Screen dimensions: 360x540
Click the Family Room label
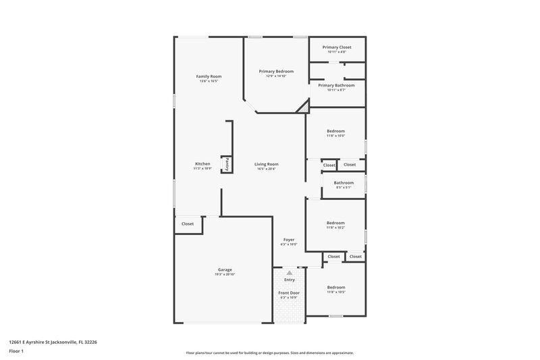coord(209,76)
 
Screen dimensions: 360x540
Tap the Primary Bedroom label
coord(276,71)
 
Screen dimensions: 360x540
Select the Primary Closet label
coord(337,47)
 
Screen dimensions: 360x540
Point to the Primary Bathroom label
coord(336,86)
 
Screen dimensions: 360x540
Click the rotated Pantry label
coord(227,163)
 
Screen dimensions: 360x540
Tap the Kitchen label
coord(202,164)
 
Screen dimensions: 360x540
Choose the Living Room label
coord(266,164)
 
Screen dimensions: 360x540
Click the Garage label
coord(225,269)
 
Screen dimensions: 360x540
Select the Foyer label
coord(288,240)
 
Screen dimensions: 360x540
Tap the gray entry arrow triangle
coord(290,273)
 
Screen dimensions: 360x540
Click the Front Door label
coord(289,292)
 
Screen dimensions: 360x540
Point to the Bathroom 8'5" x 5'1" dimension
coord(344,187)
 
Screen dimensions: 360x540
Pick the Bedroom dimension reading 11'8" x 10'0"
coord(335,136)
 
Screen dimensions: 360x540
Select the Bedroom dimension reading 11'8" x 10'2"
coord(335,228)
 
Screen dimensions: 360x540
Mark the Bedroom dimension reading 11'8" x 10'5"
coord(335,292)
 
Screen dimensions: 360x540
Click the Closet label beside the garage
coord(188,224)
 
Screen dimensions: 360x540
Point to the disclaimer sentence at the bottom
coord(270,353)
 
